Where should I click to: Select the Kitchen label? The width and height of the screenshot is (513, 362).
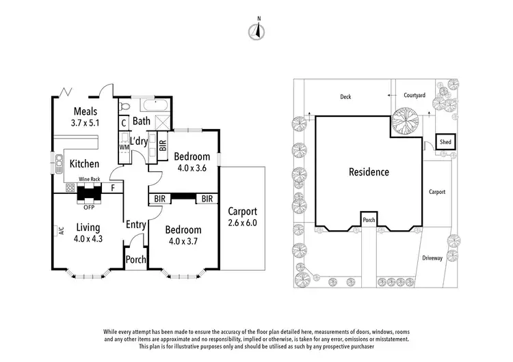pos(85,164)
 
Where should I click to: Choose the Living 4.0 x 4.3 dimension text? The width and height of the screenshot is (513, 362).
pos(88,239)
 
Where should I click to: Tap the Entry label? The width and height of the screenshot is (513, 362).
pos(135,225)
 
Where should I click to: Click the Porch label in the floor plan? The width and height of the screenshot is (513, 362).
pos(135,259)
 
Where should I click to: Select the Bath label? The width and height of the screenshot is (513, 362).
pos(142,122)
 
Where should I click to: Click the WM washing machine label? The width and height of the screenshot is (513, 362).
pos(124,147)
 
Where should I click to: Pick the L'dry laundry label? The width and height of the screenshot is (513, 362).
pos(140,141)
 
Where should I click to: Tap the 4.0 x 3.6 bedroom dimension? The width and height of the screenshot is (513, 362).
pos(192,167)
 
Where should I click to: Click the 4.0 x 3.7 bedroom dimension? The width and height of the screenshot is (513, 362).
pos(183,241)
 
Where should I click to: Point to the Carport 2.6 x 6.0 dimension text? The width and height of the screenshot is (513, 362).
pos(242,223)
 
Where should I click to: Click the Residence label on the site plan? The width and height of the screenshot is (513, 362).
pos(369,172)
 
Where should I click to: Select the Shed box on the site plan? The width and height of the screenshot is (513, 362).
pos(446,142)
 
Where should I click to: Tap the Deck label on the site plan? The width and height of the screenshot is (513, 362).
pos(346,97)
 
